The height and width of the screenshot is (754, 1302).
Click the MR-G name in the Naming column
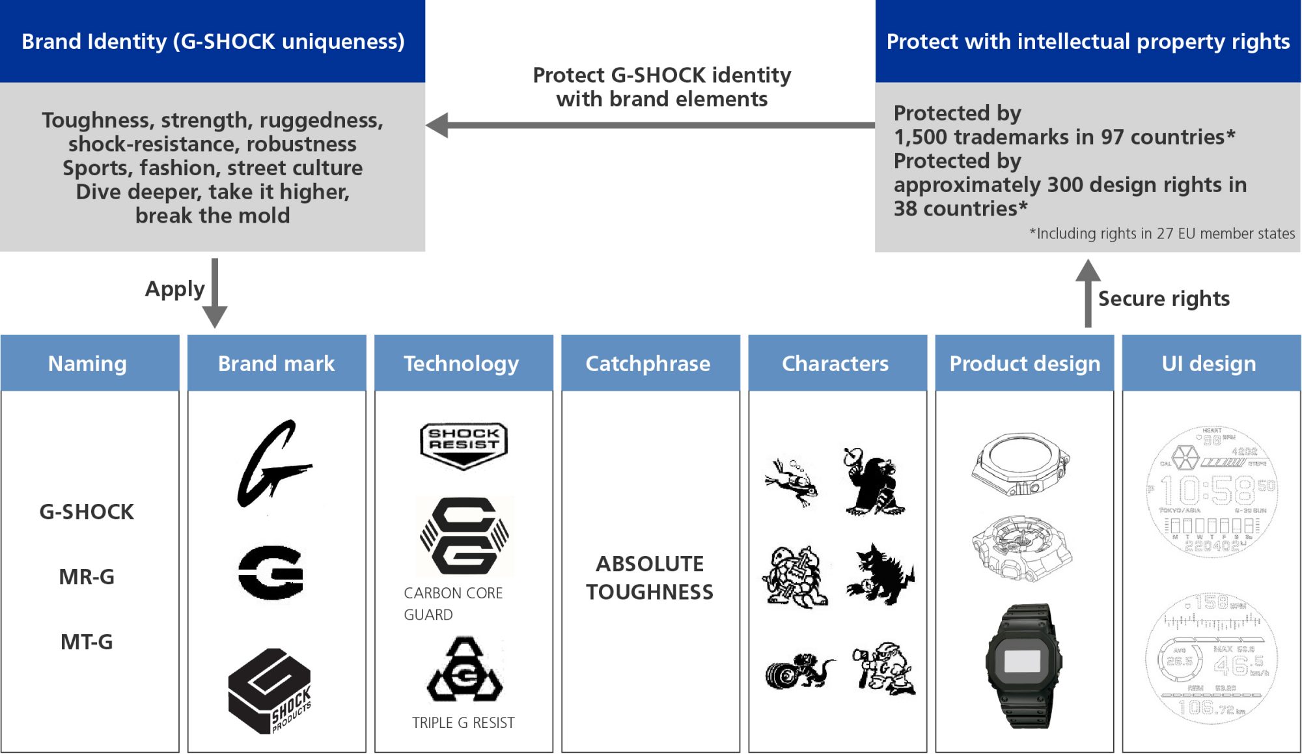[x=87, y=577]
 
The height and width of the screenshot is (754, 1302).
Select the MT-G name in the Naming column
[x=87, y=642]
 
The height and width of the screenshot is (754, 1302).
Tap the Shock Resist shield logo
[x=464, y=444]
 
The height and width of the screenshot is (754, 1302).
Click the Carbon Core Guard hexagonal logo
[x=464, y=536]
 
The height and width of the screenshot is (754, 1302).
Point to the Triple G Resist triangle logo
[x=464, y=671]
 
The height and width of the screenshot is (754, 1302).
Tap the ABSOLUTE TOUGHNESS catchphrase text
[x=650, y=578]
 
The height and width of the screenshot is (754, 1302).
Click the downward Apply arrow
[x=215, y=293]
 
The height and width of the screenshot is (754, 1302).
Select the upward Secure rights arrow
[x=1088, y=293]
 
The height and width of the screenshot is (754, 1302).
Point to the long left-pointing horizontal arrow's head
[x=437, y=125]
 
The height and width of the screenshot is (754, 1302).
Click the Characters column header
[x=835, y=363]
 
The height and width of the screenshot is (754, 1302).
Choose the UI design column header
[x=1209, y=363]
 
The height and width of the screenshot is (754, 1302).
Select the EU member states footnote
[x=1162, y=234]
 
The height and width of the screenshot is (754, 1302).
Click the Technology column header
[x=462, y=363]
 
